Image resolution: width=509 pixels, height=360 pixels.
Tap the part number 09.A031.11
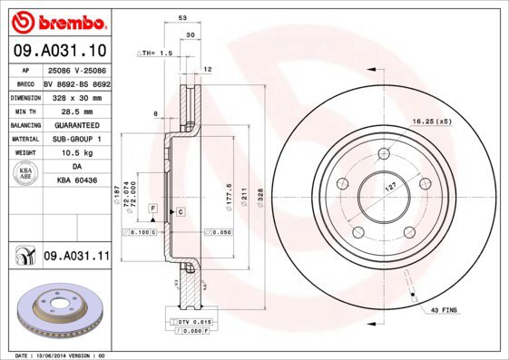click(76, 258)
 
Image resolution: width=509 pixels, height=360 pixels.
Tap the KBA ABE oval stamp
click(24, 174)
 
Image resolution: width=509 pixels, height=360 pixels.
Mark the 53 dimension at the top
click(183, 18)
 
